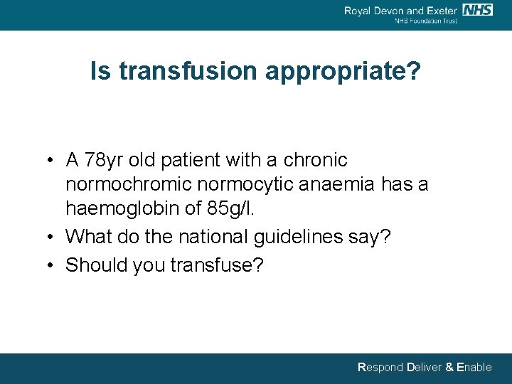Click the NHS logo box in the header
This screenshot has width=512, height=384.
477,10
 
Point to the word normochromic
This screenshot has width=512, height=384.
129,185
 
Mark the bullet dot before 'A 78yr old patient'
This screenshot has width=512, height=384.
53,161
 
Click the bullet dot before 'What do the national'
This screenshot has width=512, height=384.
53,237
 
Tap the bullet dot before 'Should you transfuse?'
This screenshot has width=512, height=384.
53,265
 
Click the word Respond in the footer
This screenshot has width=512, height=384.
380,368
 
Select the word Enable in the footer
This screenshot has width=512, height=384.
474,368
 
